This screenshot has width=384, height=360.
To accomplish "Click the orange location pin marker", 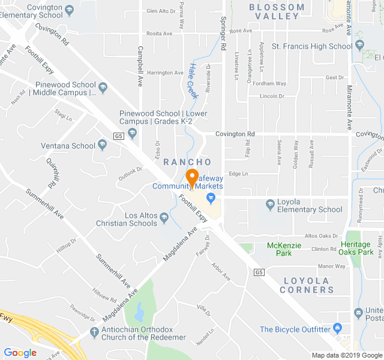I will click(192, 178).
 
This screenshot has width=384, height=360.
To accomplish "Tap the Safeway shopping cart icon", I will click(211, 197).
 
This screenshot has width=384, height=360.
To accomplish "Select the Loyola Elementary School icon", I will click(269, 205).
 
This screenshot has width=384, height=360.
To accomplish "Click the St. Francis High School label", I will click(312, 46).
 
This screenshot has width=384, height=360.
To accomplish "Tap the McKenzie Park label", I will click(279, 249).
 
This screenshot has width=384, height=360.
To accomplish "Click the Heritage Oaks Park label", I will click(357, 248).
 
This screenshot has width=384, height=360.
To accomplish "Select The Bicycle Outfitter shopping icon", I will click(337, 329).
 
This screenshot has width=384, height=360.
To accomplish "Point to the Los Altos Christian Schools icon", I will click(163, 223).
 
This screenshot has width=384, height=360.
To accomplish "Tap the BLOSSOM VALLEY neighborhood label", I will click(277, 11).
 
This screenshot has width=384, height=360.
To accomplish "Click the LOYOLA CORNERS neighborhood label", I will click(308, 285).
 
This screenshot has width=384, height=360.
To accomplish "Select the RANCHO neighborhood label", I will click(187, 162).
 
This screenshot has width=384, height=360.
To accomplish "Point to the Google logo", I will click(20, 353).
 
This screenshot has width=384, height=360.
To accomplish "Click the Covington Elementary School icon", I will click(70, 10).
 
